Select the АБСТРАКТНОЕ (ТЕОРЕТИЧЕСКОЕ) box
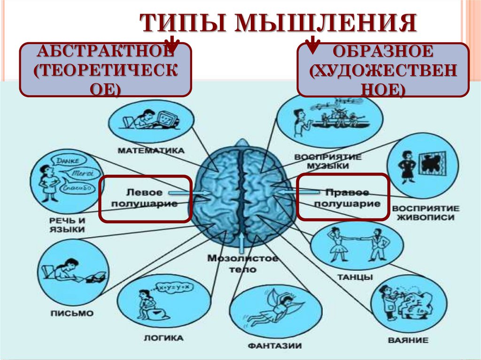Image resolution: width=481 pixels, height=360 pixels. pyautogui.click(x=105, y=69)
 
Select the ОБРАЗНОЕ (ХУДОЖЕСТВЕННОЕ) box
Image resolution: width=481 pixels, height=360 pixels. pyautogui.click(x=383, y=69)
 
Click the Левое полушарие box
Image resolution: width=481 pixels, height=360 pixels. pyautogui.click(x=145, y=199)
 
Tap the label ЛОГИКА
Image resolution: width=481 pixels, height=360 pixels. pyautogui.click(x=163, y=337)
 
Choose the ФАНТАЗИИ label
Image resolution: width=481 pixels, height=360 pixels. pyautogui.click(x=275, y=346)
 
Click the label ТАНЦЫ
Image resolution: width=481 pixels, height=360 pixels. pyautogui.click(x=355, y=277)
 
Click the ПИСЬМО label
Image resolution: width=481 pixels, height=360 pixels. pyautogui.click(x=72, y=313)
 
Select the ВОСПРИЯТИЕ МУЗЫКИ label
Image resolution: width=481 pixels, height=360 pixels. pyautogui.click(x=328, y=161)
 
